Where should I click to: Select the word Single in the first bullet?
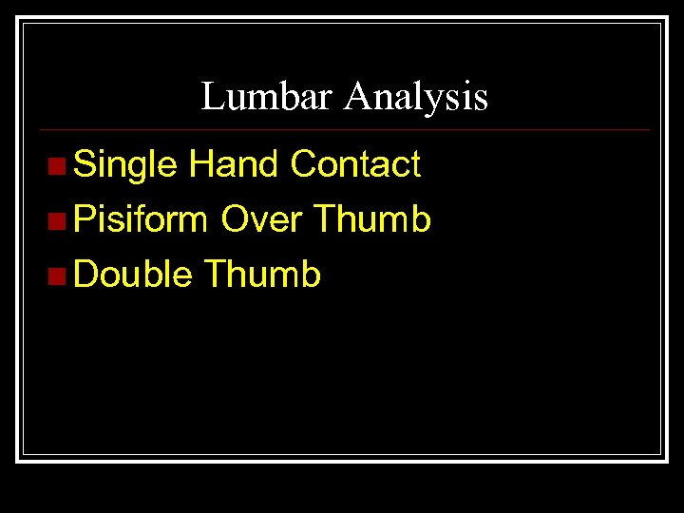(125, 165)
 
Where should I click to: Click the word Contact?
(355, 164)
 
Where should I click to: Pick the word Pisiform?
(141, 220)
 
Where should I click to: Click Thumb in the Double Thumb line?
(262, 275)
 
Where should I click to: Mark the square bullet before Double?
(58, 277)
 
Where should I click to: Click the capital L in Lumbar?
(211, 96)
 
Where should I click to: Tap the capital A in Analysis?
(358, 96)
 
